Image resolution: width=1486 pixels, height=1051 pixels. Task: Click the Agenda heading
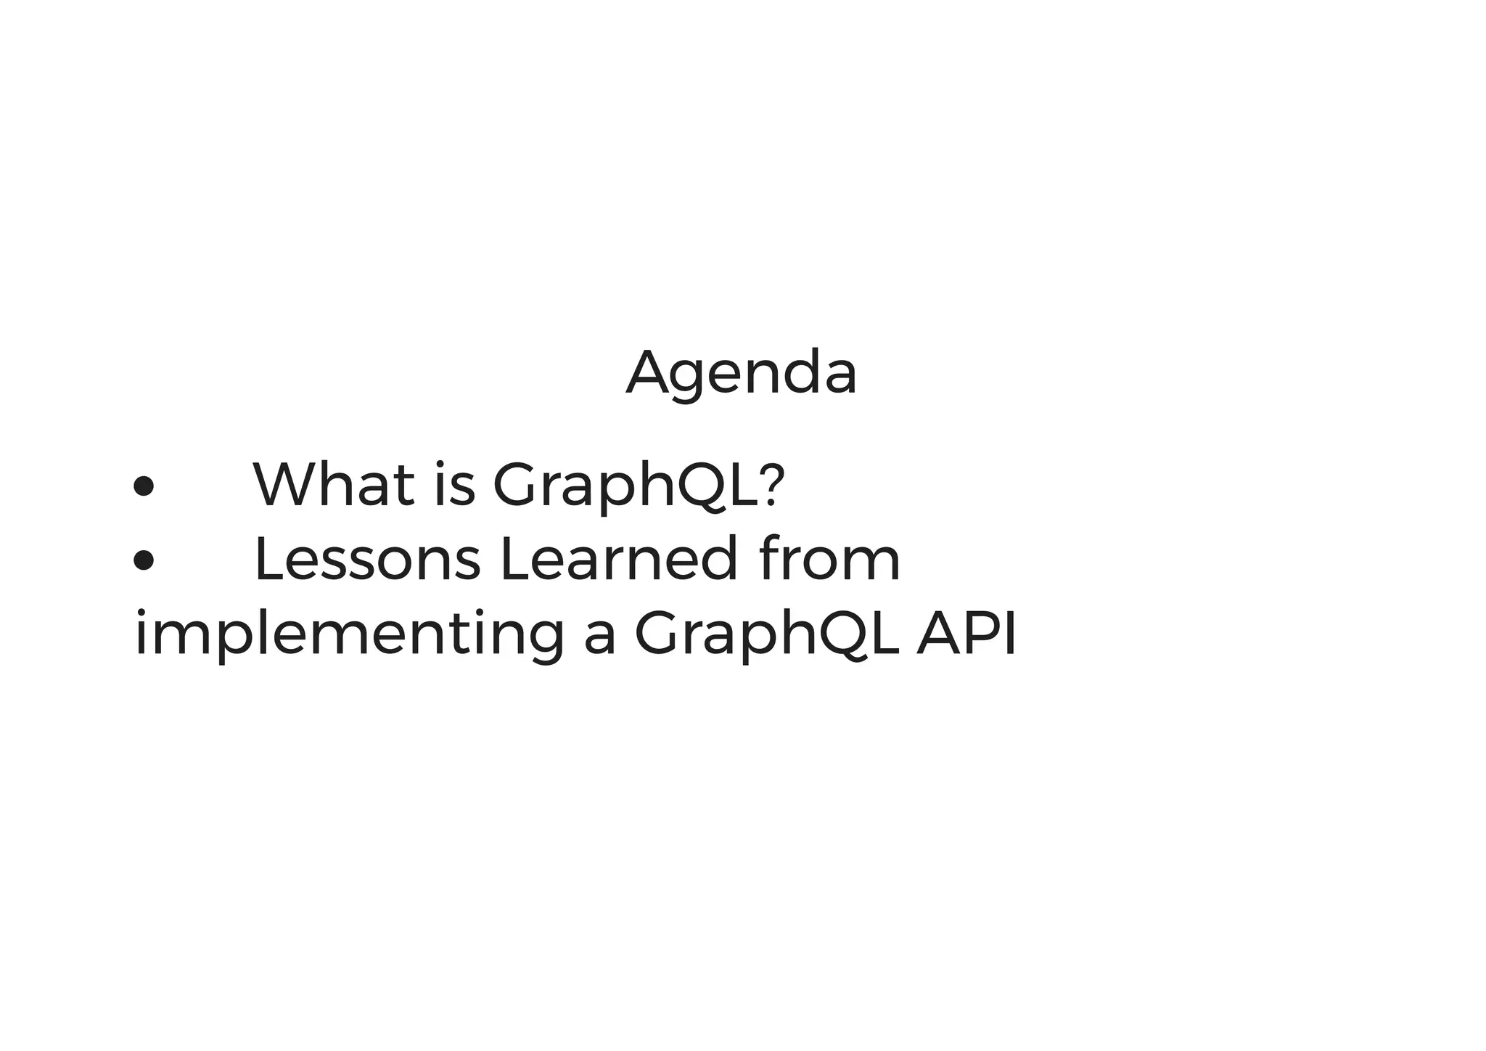[x=742, y=373]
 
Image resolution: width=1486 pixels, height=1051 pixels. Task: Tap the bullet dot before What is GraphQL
[x=144, y=486]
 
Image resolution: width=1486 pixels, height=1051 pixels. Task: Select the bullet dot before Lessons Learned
[x=144, y=560]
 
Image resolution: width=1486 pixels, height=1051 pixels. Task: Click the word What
[x=334, y=484]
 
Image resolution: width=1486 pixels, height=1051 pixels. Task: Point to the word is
[x=454, y=484]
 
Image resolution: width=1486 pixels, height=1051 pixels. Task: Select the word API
[x=966, y=634]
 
